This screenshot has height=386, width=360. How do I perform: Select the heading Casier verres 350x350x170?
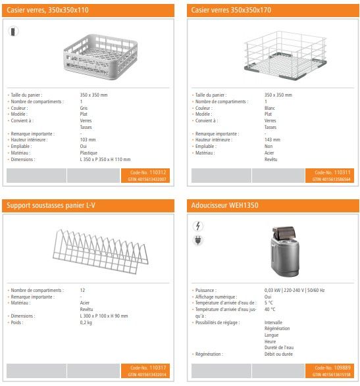coord(231,11)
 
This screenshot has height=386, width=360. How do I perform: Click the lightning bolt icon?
coord(199,226)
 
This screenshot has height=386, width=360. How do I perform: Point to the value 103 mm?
coord(88,140)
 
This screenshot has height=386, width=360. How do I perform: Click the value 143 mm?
coord(272,140)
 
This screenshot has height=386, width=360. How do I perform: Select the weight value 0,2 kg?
coord(86,322)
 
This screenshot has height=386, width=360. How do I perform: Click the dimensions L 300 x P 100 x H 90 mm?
coord(104,316)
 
